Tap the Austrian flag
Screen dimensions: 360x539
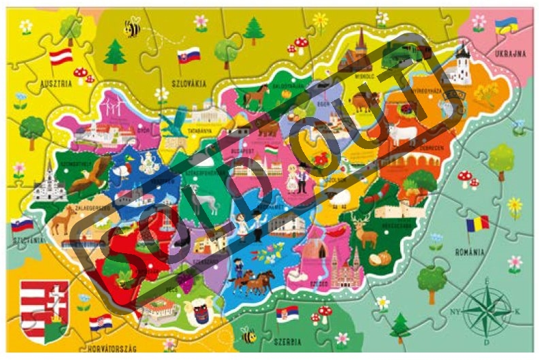click(x=62, y=56)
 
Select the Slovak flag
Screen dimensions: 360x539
click(x=189, y=54)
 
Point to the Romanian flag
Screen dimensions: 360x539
click(x=478, y=224)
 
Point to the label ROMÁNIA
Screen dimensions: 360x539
click(x=470, y=251)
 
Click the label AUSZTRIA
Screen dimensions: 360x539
click(x=56, y=86)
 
